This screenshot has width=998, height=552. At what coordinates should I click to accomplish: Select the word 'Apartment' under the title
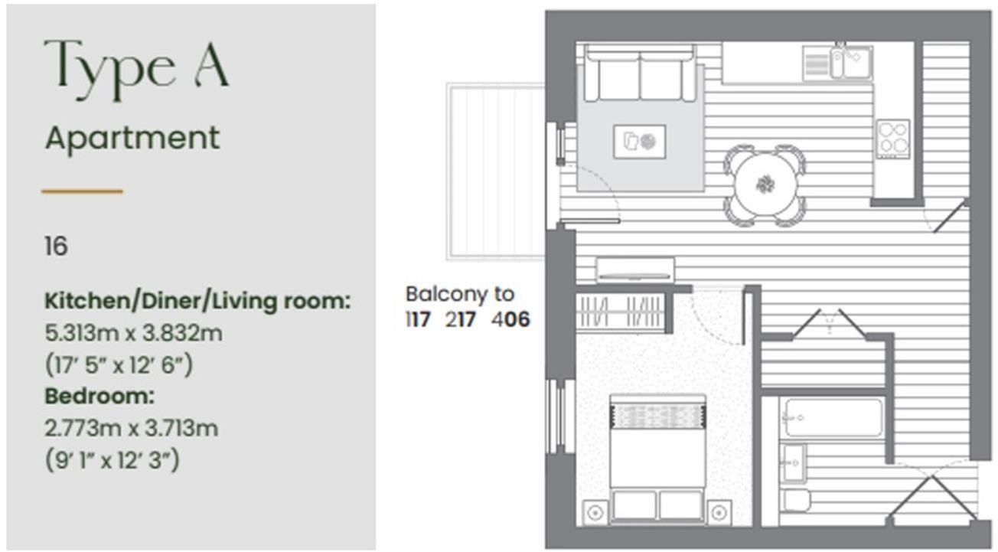pos(132,139)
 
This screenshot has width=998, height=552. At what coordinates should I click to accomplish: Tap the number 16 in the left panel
pos(56,247)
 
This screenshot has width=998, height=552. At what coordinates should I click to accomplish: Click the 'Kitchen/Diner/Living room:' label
pos(197,301)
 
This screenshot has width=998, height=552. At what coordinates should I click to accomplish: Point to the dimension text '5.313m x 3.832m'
pos(134,333)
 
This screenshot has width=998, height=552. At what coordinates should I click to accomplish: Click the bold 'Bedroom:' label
pos(99,396)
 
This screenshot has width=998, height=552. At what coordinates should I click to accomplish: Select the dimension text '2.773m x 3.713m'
pos(132,428)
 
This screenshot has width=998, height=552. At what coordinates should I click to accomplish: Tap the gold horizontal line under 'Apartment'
pos(82,191)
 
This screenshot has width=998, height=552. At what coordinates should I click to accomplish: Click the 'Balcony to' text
pos(460,294)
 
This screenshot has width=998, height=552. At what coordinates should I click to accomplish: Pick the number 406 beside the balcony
pos(510,319)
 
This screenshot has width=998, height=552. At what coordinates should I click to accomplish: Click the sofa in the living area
pos(640,73)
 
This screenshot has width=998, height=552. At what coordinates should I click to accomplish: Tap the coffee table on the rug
pos(639,142)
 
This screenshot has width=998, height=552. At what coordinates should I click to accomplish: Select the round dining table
pos(765,185)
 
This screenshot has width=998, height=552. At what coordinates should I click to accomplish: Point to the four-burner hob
pos(893,139)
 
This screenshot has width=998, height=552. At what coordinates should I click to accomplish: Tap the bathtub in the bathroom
pos(831,417)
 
